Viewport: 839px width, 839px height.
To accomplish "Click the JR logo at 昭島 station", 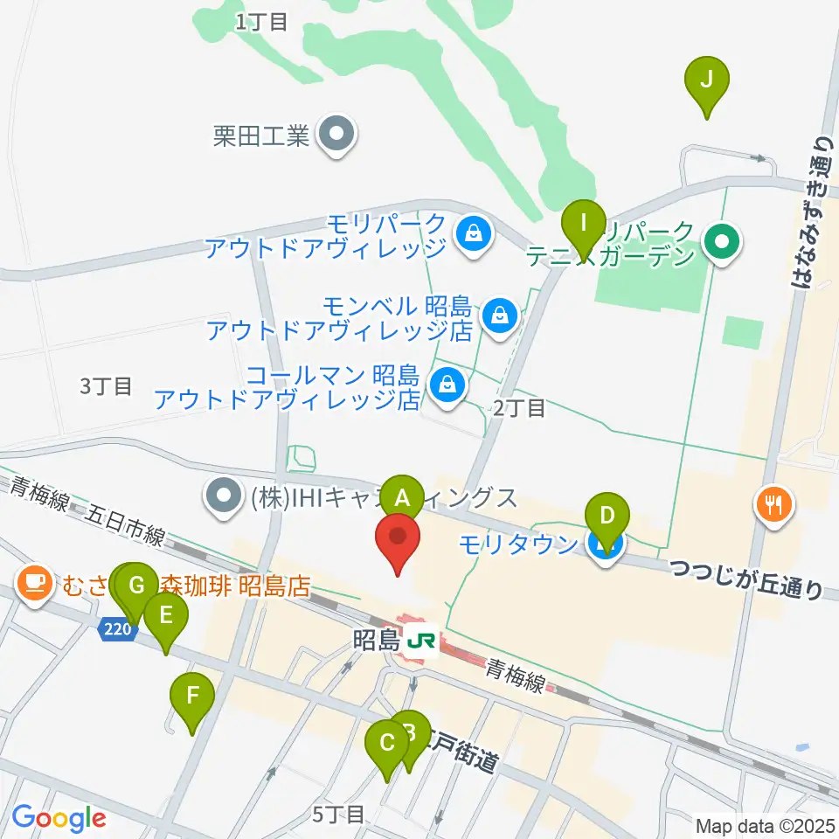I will (x=422, y=641).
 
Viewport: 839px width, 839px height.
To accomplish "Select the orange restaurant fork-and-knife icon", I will (x=773, y=503).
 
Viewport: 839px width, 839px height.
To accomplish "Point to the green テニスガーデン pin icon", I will (x=723, y=237).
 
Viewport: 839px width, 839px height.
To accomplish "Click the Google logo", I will (x=59, y=818).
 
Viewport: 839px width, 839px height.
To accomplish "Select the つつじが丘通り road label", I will (x=746, y=579).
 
